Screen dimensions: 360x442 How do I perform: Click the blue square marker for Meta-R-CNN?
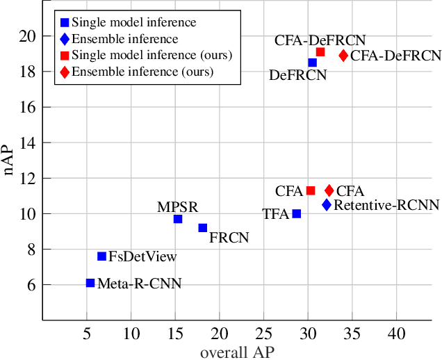tap(90, 283)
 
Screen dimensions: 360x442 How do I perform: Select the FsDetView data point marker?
tap(101, 256)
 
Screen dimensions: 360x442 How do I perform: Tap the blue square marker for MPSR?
tap(178, 219)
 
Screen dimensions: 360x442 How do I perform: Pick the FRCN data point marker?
tap(203, 228)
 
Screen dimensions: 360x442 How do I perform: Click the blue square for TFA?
tap(297, 214)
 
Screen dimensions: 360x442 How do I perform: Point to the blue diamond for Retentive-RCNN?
tap(327, 204)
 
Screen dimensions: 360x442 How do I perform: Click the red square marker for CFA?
tap(311, 190)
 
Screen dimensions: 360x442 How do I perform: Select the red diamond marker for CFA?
tap(329, 190)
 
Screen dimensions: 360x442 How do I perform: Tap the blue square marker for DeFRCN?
tap(313, 63)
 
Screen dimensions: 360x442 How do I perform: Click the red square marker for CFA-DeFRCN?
tap(320, 52)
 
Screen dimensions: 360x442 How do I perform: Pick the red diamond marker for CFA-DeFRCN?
tap(343, 56)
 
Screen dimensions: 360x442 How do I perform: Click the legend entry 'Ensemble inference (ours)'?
tap(142, 71)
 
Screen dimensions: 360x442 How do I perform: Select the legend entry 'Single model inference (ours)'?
tap(152, 55)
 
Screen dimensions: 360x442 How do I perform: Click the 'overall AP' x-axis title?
tap(237, 352)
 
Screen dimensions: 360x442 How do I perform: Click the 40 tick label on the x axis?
tap(396, 334)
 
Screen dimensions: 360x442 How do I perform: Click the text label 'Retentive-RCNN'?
tap(386, 205)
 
